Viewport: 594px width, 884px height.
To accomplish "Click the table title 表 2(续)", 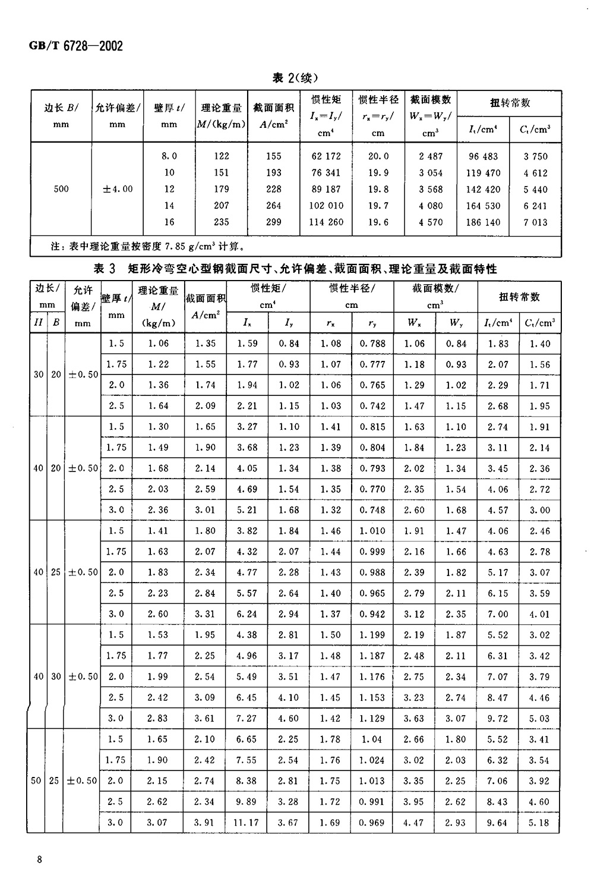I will (x=296, y=78).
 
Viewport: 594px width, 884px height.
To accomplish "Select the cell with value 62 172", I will (x=326, y=156).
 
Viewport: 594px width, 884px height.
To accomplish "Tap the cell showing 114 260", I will (x=326, y=222).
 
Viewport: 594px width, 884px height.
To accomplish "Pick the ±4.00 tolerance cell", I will (x=118, y=189).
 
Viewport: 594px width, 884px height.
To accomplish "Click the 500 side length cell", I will (x=61, y=189).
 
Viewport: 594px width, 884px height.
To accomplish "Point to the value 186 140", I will (x=483, y=222).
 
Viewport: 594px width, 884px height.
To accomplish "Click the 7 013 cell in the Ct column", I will (x=535, y=222).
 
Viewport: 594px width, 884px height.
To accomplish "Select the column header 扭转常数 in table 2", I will (x=510, y=103).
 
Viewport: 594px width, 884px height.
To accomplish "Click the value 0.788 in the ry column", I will (x=372, y=344).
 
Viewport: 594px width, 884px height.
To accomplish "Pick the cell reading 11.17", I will (x=247, y=823).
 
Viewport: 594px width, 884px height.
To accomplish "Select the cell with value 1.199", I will (x=372, y=635).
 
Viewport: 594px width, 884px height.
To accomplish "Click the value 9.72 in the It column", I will (x=498, y=718).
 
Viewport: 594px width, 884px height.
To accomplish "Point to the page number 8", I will (x=39, y=860).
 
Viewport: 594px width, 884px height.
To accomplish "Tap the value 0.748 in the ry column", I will (x=372, y=510).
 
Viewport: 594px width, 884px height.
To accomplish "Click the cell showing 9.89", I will (x=247, y=802).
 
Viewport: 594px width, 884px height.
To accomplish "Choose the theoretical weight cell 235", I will (x=221, y=222).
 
